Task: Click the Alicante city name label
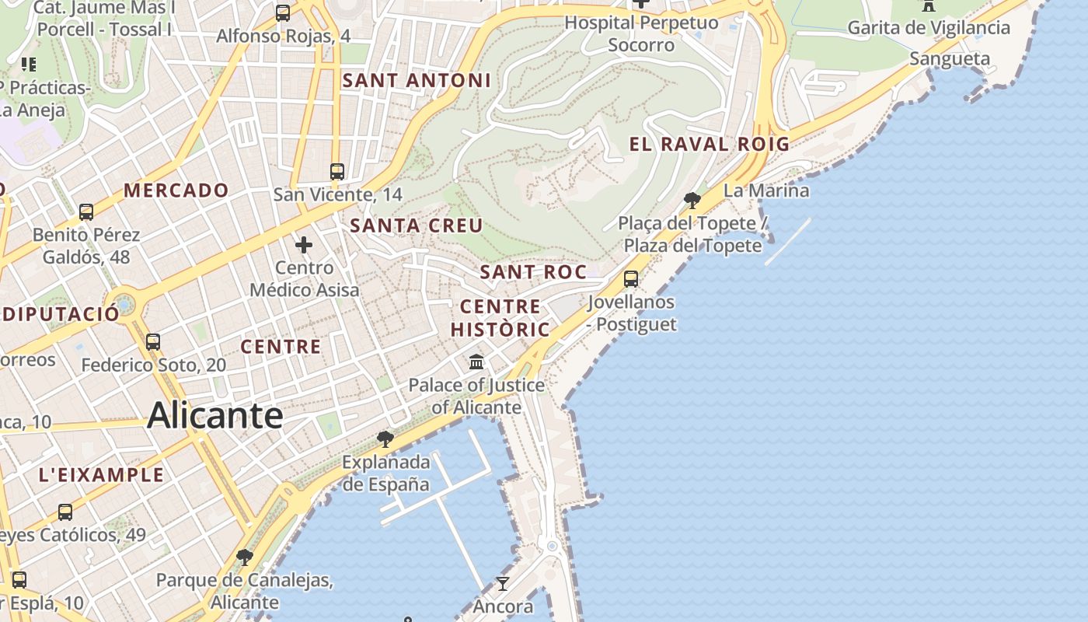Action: [215, 415]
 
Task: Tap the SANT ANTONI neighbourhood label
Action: [417, 80]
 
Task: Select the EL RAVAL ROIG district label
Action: [709, 144]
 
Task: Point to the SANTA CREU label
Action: [417, 225]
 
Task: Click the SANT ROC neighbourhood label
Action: [533, 271]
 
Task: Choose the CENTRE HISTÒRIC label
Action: [500, 317]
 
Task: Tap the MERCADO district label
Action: [176, 190]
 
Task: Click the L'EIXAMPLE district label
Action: [101, 474]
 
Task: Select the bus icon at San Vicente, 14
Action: [337, 172]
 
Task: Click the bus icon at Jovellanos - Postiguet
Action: [631, 278]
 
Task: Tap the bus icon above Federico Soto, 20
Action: [153, 341]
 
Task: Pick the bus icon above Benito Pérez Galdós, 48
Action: [86, 211]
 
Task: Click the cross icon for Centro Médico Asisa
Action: [304, 246]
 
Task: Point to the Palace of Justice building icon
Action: [476, 362]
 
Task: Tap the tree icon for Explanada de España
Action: [385, 439]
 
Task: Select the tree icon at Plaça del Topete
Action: [692, 201]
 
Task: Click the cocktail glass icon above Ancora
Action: [503, 583]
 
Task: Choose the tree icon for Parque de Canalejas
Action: [245, 557]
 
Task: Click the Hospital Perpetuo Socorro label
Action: [641, 33]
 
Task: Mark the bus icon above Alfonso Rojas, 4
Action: [283, 13]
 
